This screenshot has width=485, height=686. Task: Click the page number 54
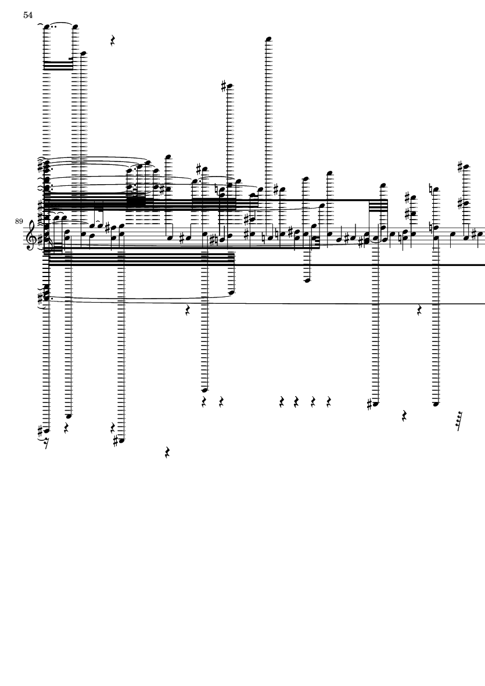(28, 15)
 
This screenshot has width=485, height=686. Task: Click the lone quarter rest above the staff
(114, 41)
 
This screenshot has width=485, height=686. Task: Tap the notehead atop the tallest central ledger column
(269, 39)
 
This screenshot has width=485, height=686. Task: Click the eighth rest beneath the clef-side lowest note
(47, 446)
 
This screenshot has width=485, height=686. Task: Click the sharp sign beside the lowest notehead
(115, 441)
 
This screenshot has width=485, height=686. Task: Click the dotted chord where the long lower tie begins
(47, 295)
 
